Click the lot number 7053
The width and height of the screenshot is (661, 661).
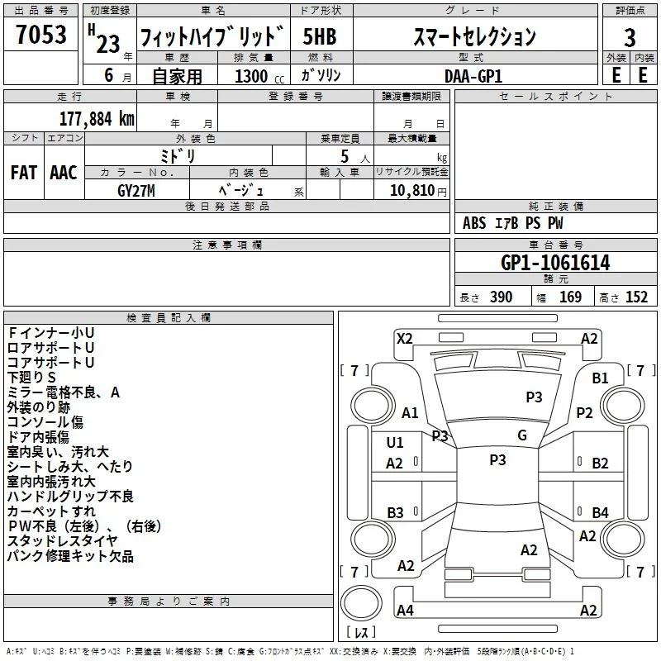tap(41, 34)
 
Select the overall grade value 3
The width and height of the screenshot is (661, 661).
tap(630, 37)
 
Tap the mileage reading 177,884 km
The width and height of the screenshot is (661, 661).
tap(97, 118)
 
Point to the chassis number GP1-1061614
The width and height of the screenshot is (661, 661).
tap(555, 263)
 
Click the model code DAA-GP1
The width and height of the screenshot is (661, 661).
tap(473, 76)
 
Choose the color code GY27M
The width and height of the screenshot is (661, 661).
tap(136, 191)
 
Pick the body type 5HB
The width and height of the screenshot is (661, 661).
tap(320, 36)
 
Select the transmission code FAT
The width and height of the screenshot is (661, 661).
tap(24, 173)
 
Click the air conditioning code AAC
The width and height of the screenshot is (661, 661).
tap(64, 173)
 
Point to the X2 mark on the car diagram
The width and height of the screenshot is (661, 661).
tap(404, 339)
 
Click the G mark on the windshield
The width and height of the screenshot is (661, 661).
tap(522, 435)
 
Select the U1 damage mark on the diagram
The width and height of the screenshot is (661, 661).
tap(395, 442)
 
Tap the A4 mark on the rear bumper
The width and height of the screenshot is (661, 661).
tap(405, 610)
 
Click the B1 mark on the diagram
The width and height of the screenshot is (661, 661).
tap(600, 378)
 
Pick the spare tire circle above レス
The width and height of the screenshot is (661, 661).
tap(361, 603)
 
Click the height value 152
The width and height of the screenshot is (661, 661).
tap(636, 297)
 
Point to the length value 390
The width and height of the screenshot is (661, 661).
tap(501, 297)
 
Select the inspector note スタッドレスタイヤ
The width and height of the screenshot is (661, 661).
tap(63, 541)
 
